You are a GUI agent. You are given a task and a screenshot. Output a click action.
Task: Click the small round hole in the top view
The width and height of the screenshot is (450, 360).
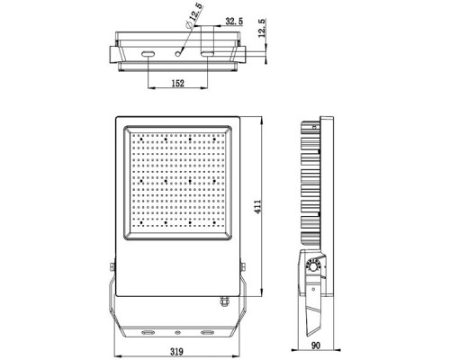(x=180, y=54)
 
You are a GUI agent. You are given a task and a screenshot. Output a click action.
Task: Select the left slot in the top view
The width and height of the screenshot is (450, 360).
(x=146, y=55)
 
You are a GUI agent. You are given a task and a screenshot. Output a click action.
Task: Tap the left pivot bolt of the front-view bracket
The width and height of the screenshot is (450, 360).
(x=111, y=266)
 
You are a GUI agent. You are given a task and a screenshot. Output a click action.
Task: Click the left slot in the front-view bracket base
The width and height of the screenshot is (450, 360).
(x=147, y=331)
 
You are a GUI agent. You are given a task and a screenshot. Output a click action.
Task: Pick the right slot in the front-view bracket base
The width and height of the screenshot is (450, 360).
(x=209, y=331)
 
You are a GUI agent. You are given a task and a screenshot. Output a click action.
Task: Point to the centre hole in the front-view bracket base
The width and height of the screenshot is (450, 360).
(x=178, y=331)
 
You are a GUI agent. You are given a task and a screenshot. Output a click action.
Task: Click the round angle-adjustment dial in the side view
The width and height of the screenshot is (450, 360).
(x=315, y=266)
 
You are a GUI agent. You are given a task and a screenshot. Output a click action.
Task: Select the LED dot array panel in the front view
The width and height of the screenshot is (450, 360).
(x=179, y=183)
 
